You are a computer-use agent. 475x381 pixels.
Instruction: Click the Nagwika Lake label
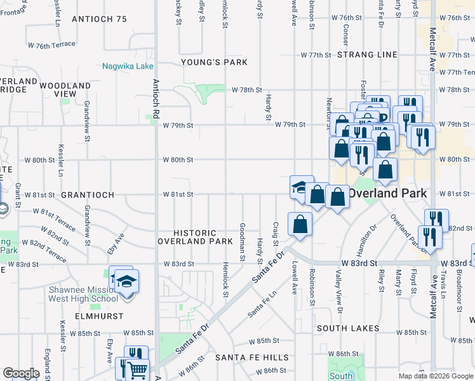[x=128, y=66]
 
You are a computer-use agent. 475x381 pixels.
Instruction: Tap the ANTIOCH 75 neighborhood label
[x=100, y=19]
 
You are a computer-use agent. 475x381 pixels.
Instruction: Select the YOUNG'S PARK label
[x=204, y=62]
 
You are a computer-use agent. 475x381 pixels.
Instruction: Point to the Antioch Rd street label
[x=155, y=98]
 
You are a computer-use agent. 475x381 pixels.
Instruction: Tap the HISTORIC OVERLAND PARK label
[x=196, y=237]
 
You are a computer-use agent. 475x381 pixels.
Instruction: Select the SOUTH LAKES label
[x=348, y=328]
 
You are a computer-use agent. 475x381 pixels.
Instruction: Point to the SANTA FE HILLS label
[x=251, y=358]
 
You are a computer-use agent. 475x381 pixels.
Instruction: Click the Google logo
[x=21, y=373]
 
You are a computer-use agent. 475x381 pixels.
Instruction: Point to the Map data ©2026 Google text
[x=435, y=376]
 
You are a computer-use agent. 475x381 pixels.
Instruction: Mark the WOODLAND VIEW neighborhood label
[x=65, y=90]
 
